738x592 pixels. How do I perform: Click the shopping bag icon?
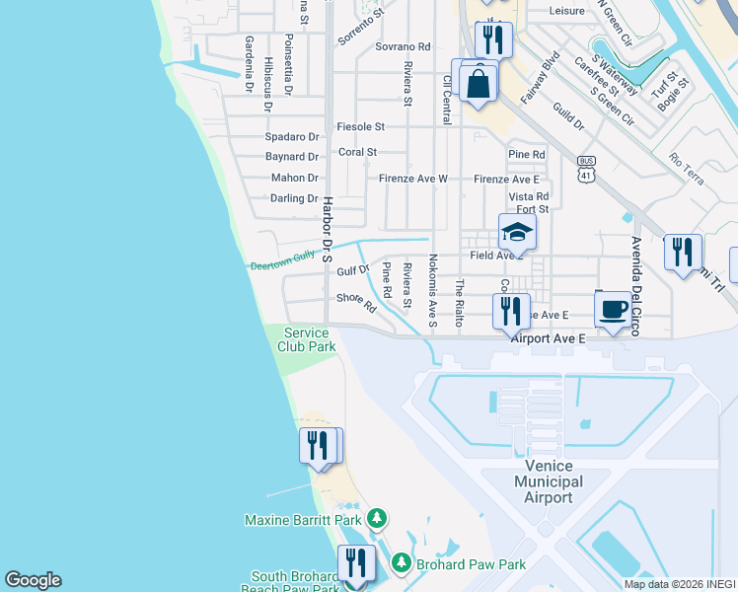[x=479, y=83]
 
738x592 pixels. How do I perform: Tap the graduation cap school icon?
[x=517, y=233]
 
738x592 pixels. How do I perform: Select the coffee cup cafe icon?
[x=614, y=309]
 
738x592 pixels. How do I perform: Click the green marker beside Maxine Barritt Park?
[x=376, y=518]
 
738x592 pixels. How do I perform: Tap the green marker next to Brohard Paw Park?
[x=402, y=563]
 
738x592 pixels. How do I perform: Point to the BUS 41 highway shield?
[x=586, y=170]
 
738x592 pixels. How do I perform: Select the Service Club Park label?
[x=306, y=339]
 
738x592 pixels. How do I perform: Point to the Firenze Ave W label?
[x=413, y=179]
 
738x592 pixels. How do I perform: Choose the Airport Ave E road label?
[x=549, y=337]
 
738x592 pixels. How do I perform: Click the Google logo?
[x=33, y=580]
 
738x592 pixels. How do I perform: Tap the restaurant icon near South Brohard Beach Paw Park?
[x=356, y=564]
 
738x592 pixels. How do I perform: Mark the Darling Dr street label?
[x=294, y=198]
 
